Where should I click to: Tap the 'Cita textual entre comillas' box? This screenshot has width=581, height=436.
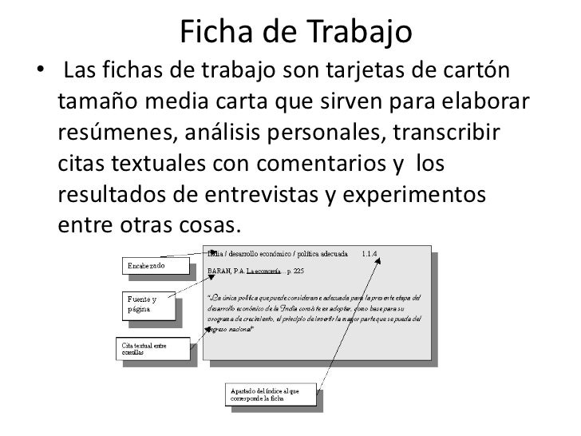pyautogui.click(x=152, y=348)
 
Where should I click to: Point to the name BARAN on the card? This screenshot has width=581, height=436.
pyautogui.click(x=219, y=272)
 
